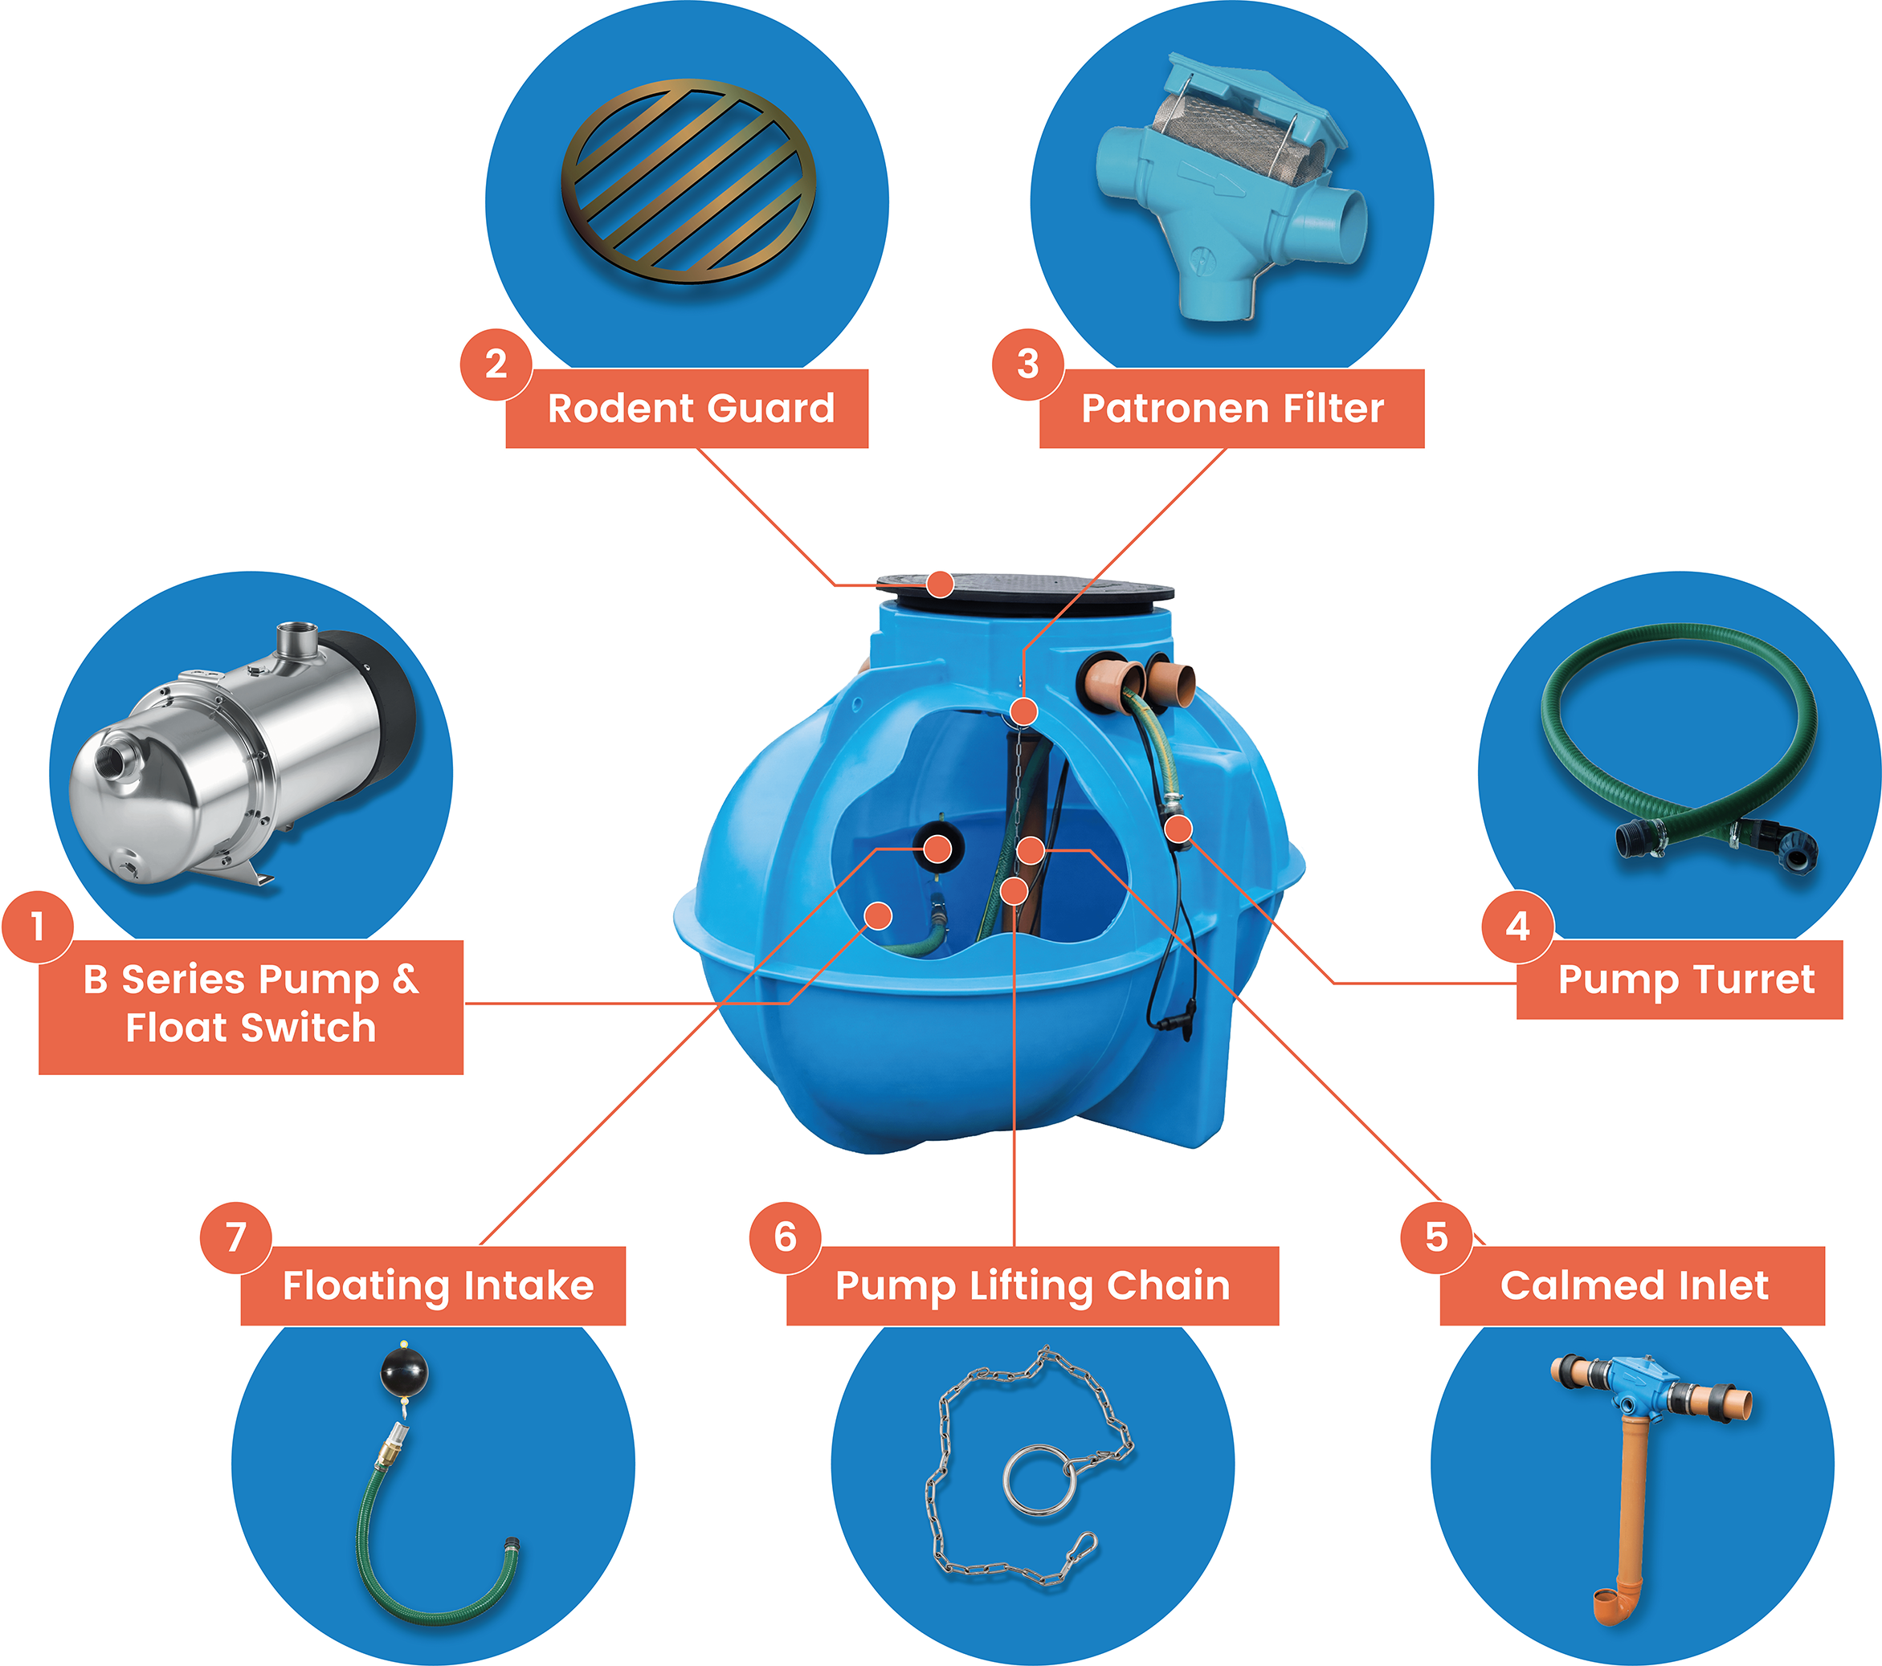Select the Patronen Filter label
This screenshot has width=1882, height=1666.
pyautogui.click(x=1232, y=409)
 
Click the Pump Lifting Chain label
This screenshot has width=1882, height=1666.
pyautogui.click(x=1032, y=1286)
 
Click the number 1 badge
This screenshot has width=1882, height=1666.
pyautogui.click(x=38, y=926)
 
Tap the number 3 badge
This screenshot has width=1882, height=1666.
pyautogui.click(x=1027, y=365)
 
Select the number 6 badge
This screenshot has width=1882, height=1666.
pyautogui.click(x=786, y=1238)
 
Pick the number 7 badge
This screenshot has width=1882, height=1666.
pyautogui.click(x=235, y=1238)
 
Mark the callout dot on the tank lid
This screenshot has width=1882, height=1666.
pyautogui.click(x=940, y=584)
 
